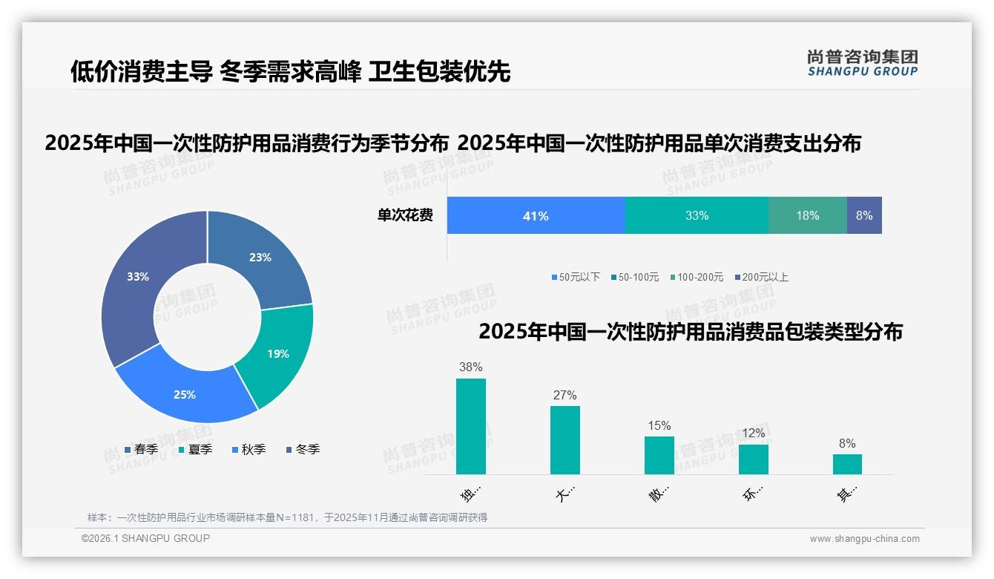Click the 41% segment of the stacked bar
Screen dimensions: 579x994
coord(536,216)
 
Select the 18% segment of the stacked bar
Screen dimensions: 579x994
coord(808,216)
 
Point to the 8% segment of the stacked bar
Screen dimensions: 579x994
coord(864,216)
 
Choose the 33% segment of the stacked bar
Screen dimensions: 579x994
coord(697,216)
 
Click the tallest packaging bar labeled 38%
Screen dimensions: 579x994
coord(470,426)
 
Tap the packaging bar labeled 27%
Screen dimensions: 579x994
coord(565,439)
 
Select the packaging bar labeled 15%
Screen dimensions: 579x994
coord(659,455)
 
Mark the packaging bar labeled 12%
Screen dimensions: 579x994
coord(753,459)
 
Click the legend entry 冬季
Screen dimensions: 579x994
coord(303,449)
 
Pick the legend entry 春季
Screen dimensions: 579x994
coord(141,449)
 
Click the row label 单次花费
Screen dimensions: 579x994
coord(405,216)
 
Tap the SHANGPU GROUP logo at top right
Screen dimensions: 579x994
coord(862,63)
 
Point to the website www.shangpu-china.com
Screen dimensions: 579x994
coord(864,539)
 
